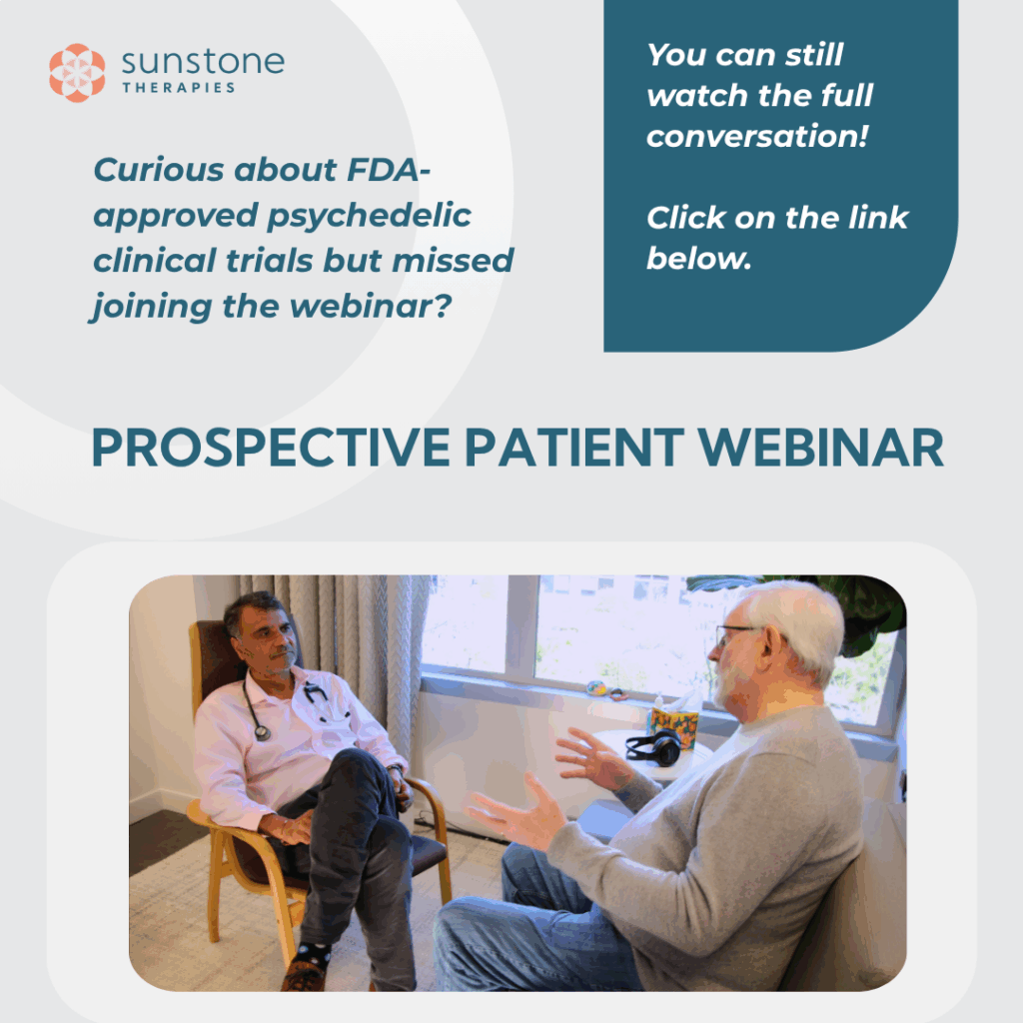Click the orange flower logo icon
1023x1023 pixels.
[x=77, y=72]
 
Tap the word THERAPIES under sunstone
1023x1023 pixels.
[x=178, y=88]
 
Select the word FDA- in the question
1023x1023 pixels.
[x=389, y=170]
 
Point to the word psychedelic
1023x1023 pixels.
[x=370, y=217]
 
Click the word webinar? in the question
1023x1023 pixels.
[x=371, y=306]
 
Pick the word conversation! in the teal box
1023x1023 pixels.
[x=757, y=136]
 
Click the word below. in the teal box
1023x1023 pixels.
[x=698, y=259]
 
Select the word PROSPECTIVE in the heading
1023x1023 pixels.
[x=271, y=448]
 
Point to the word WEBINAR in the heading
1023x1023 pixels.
[x=821, y=448]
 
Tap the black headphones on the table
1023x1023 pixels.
[x=653, y=747]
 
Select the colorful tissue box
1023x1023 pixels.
[x=672, y=726]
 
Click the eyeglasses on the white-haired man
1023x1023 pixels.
[x=735, y=632]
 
